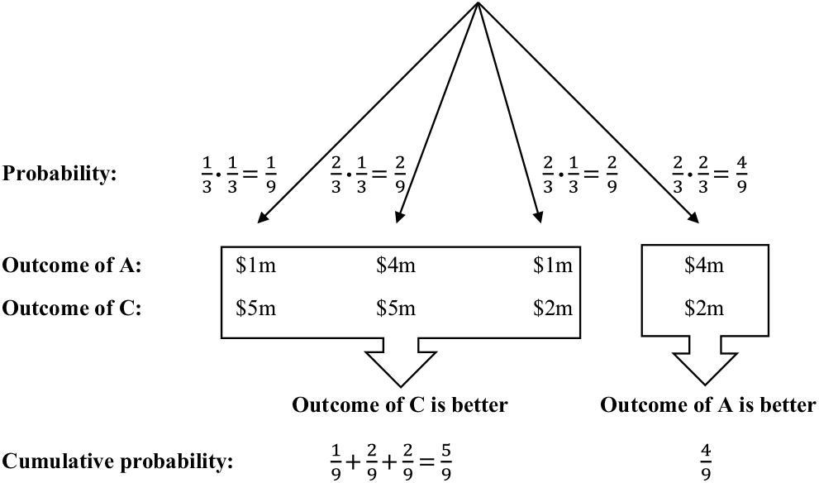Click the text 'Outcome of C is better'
(399, 405)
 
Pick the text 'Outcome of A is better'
(708, 405)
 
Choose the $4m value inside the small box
(704, 265)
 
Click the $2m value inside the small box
(704, 308)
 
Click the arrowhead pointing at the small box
(692, 218)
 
